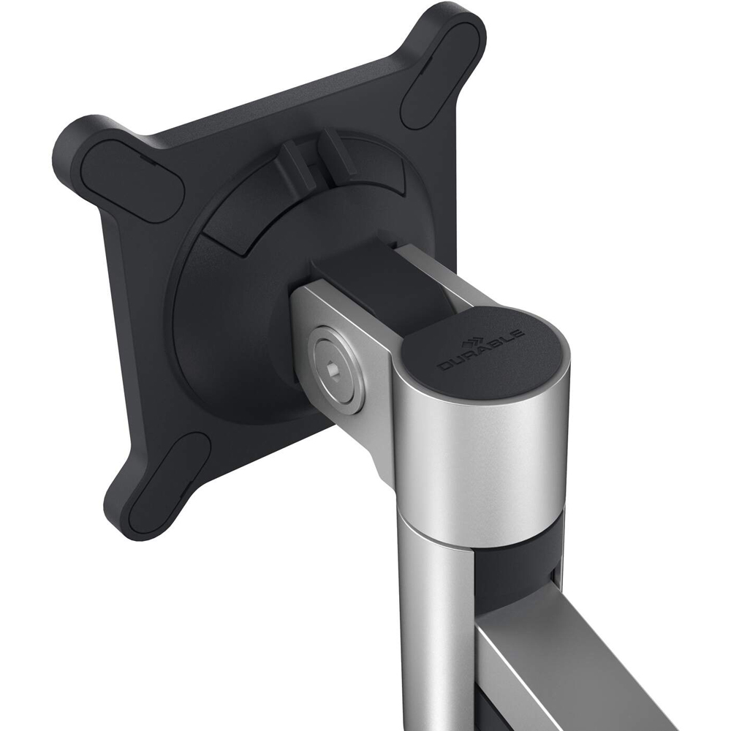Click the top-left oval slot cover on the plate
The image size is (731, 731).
coord(133,180)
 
